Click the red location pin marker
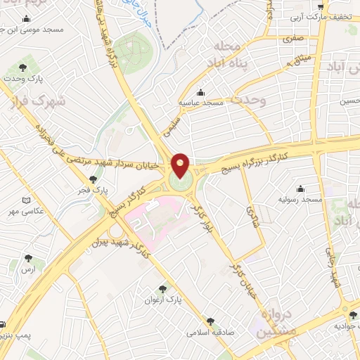[181, 165]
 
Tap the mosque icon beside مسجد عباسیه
[202, 91]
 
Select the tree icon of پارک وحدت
[23, 67]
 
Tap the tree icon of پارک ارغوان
[163, 288]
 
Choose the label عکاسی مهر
[30, 211]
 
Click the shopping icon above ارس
[29, 259]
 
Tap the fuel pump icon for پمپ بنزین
[3, 325]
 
